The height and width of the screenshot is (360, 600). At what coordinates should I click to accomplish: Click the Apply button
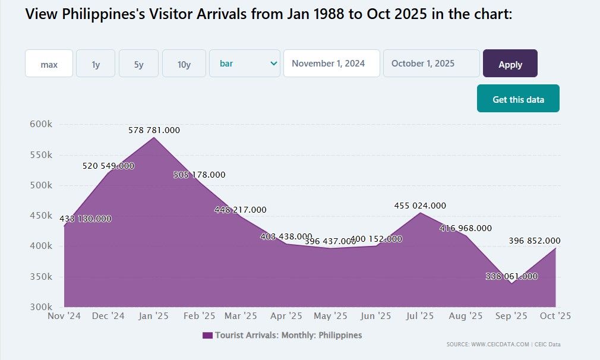[x=510, y=64]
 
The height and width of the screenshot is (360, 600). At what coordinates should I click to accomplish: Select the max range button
[x=49, y=64]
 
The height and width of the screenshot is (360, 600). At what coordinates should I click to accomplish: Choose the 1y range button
[x=96, y=64]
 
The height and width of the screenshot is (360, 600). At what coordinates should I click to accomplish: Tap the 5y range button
[x=138, y=64]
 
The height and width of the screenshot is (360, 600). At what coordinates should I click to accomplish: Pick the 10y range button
[x=184, y=64]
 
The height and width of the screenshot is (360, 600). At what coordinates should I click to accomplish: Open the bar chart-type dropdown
[x=245, y=64]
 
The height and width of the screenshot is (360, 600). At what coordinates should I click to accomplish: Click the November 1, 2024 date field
[x=331, y=64]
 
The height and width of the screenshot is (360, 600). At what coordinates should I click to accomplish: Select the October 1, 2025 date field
[x=431, y=64]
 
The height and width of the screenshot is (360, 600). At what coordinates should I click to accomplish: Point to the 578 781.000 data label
[x=154, y=130]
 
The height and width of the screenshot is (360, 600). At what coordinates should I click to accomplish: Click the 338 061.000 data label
[x=511, y=276]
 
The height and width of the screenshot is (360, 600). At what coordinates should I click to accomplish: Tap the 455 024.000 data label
[x=420, y=206]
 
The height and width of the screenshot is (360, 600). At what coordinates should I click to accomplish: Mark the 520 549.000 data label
[x=108, y=166]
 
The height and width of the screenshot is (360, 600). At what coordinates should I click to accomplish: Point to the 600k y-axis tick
[x=41, y=124]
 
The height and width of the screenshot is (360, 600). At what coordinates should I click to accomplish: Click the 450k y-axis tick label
[x=41, y=216]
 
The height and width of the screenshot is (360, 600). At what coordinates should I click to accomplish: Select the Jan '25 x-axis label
[x=154, y=316]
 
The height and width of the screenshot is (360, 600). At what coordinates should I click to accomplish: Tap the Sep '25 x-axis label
[x=511, y=316]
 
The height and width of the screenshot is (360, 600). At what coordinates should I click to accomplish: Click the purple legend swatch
[x=207, y=336]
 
